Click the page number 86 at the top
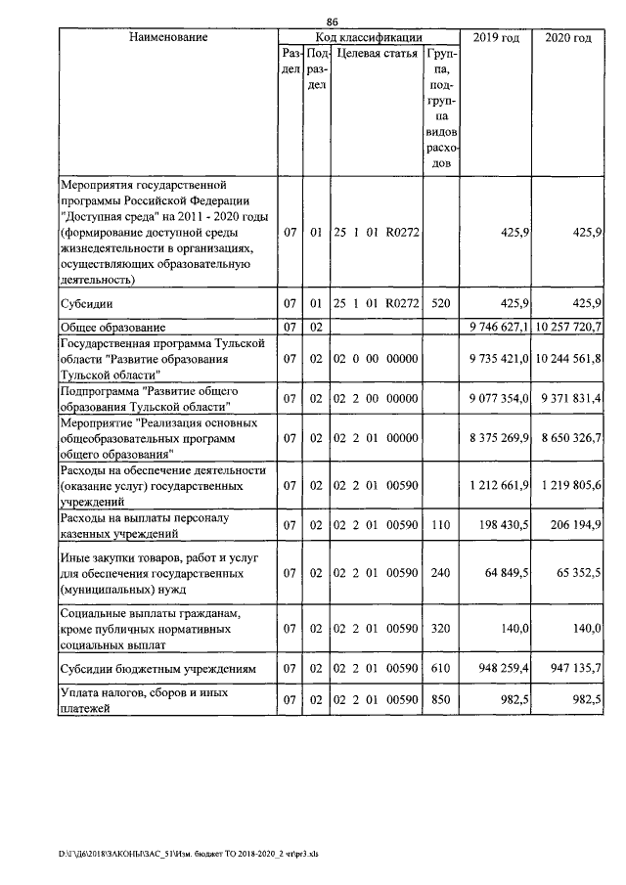tap(332, 22)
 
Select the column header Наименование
tap(167, 37)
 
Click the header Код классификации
tap(369, 37)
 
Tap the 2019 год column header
tap(496, 37)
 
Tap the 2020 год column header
tap(567, 37)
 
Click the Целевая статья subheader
tap(377, 54)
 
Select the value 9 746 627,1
tap(499, 326)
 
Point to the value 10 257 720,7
tap(568, 326)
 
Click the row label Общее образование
tap(112, 326)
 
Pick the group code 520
tap(441, 303)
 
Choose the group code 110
tap(441, 526)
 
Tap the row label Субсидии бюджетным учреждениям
tap(158, 670)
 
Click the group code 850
tap(441, 700)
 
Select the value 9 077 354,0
tap(499, 398)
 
